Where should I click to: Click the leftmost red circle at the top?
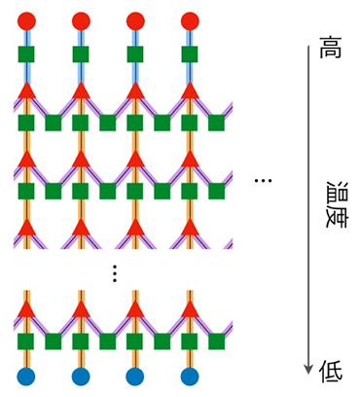click(x=26, y=20)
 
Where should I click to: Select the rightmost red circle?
click(x=190, y=20)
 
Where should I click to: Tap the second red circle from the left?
click(x=81, y=20)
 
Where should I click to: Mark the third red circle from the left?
click(x=135, y=20)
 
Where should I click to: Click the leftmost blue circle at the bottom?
click(x=26, y=377)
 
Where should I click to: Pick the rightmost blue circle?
click(x=190, y=377)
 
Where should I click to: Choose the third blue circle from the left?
click(x=135, y=377)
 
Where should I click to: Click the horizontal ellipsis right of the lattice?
click(x=262, y=181)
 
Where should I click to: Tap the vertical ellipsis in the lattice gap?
click(x=114, y=273)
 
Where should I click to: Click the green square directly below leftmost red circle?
click(x=26, y=54)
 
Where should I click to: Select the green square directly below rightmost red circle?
click(x=190, y=54)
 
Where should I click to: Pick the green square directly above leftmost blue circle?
click(x=26, y=342)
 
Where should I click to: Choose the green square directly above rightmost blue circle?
click(x=190, y=342)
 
